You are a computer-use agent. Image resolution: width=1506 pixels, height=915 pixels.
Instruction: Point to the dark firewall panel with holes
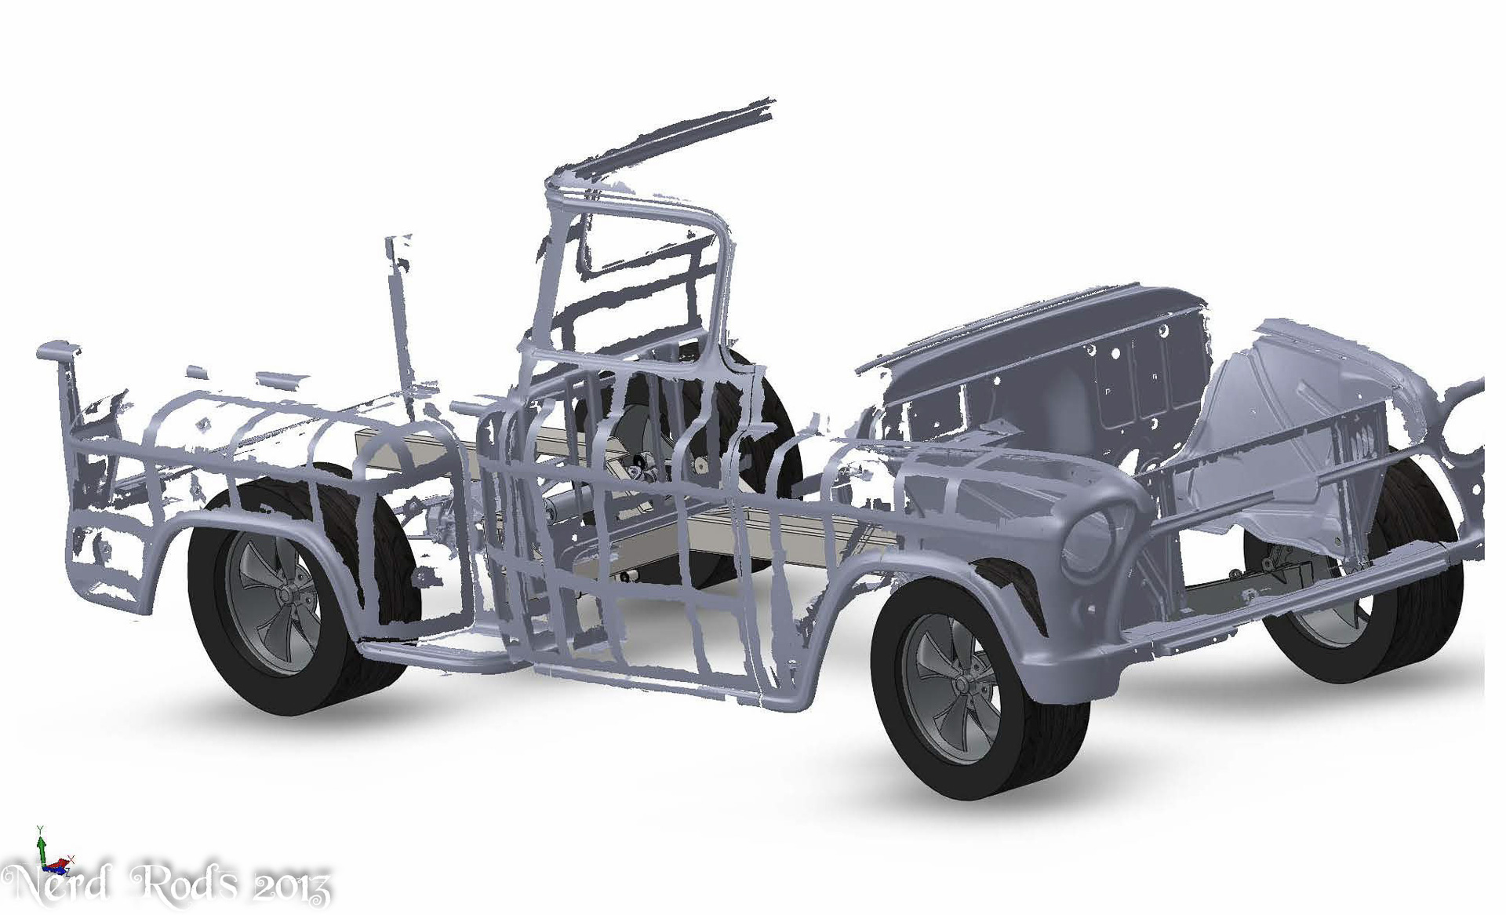click(1043, 369)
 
